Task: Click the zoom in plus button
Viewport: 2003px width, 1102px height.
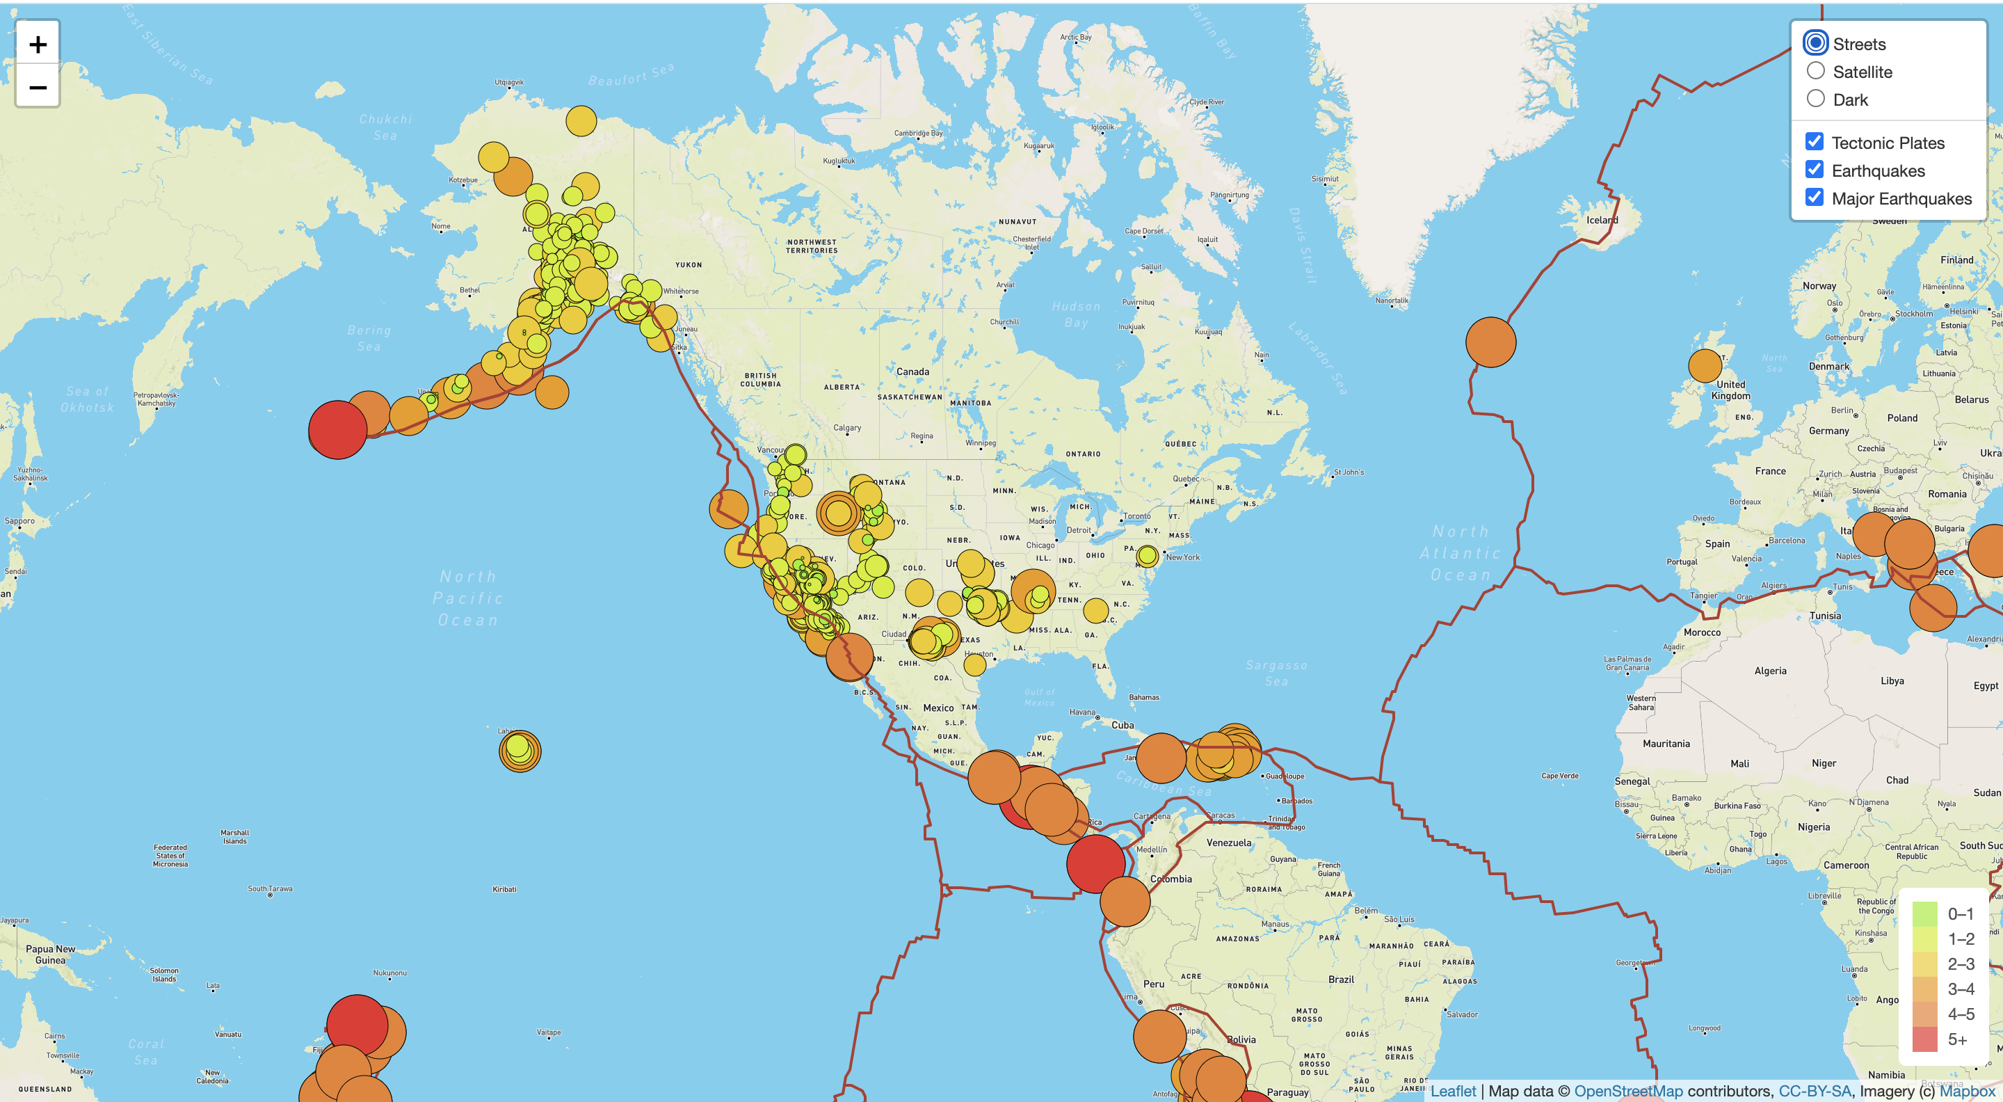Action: pos(38,45)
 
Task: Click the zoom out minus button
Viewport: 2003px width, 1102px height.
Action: pos(38,87)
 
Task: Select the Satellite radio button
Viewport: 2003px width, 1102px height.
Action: pos(1816,71)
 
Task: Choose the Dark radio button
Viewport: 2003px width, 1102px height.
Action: pos(1816,99)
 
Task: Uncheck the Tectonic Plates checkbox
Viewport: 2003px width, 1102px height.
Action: pos(1814,141)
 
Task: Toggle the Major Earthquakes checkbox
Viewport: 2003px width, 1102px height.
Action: pos(1814,198)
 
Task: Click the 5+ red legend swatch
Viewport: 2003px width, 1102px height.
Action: pos(1924,1039)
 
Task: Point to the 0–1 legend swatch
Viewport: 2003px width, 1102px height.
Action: pos(1924,913)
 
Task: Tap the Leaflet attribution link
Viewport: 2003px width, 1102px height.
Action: pos(1452,1090)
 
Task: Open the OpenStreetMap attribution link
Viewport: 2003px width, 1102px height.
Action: pos(1628,1090)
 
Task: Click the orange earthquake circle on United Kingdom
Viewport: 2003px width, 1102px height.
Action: pos(1705,365)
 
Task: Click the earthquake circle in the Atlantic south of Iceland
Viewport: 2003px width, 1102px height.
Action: pos(1490,342)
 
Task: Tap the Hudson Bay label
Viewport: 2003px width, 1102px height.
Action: pos(1076,314)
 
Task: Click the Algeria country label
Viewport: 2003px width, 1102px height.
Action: pos(1770,671)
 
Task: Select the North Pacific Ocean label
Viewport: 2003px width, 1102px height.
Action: pos(467,598)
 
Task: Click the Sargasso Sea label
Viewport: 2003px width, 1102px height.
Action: pos(1276,673)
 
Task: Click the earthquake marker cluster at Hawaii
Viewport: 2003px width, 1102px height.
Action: pos(520,751)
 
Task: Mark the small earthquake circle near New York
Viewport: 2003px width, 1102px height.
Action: pos(1147,555)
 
